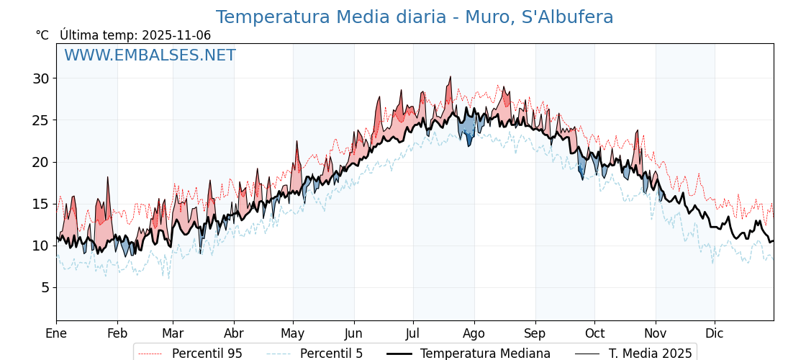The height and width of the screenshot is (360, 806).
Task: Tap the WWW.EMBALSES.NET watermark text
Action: click(150, 55)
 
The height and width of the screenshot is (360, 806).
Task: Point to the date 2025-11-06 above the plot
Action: click(176, 35)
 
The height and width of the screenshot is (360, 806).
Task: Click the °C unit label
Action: click(42, 35)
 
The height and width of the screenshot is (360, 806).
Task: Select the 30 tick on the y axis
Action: click(40, 78)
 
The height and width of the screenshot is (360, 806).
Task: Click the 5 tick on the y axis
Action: click(45, 287)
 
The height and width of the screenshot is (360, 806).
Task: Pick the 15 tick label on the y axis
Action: click(40, 204)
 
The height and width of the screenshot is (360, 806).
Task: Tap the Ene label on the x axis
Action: click(56, 333)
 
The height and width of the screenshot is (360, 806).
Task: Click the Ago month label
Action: click(474, 333)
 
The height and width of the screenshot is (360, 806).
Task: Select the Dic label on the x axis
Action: click(715, 333)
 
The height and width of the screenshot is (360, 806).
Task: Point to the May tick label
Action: click(293, 333)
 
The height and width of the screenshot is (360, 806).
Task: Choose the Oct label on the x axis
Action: click(594, 333)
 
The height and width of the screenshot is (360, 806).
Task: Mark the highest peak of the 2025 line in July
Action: click(450, 77)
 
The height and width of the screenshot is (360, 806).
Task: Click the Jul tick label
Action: click(413, 333)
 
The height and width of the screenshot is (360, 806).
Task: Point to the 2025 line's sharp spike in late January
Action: click(108, 177)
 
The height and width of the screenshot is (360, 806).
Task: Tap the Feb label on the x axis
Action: click(117, 333)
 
